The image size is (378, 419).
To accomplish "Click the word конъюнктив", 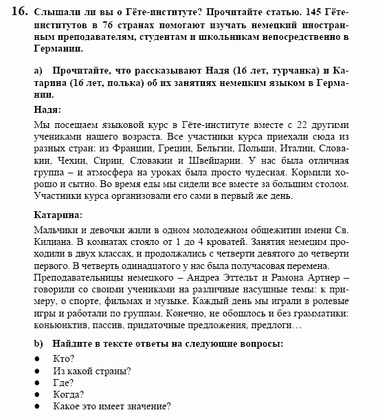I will point(60,327).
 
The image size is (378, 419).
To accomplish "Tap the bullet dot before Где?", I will point(37,383).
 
